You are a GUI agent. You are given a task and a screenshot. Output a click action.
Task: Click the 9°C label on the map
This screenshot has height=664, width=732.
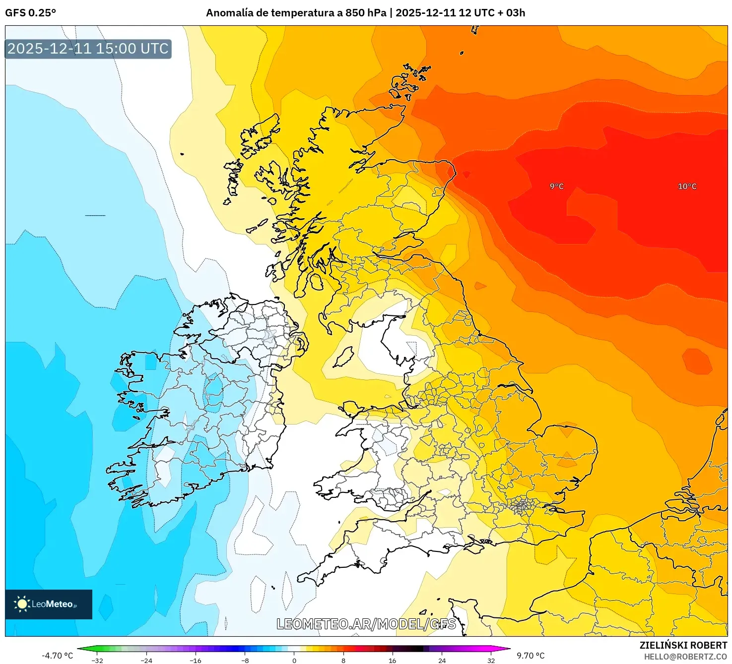pyautogui.click(x=556, y=186)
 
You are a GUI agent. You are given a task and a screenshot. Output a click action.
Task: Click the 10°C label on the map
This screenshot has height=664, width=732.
pyautogui.click(x=687, y=186)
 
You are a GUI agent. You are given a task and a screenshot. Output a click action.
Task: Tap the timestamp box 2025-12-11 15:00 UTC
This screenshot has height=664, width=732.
pyautogui.click(x=88, y=49)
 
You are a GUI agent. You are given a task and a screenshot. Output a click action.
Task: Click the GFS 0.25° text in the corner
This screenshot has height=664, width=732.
pyautogui.click(x=30, y=13)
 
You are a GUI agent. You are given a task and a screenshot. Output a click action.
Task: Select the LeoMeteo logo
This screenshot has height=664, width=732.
pyautogui.click(x=49, y=604)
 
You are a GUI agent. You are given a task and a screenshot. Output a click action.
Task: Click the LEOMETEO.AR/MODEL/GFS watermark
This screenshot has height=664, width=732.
pyautogui.click(x=366, y=624)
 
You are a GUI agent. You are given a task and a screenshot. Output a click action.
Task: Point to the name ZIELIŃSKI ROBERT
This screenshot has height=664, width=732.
pyautogui.click(x=683, y=645)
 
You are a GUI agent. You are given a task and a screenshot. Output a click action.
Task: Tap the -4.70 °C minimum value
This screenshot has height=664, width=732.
pyautogui.click(x=57, y=656)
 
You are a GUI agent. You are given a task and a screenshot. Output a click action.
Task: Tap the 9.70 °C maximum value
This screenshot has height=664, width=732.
pyautogui.click(x=531, y=656)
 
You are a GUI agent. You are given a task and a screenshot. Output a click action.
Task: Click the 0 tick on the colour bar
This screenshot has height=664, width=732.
pyautogui.click(x=294, y=660)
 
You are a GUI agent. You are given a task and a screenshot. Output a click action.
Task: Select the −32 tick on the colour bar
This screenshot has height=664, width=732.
pyautogui.click(x=97, y=660)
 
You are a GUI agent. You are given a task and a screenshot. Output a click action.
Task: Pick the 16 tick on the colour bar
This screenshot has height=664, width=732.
pyautogui.click(x=393, y=660)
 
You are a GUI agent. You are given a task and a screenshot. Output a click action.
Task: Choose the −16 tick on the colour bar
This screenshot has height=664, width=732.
pyautogui.click(x=196, y=660)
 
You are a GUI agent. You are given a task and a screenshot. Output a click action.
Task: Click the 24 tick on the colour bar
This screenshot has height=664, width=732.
pyautogui.click(x=442, y=660)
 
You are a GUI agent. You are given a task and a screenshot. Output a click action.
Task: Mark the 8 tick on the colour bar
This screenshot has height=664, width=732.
pyautogui.click(x=343, y=660)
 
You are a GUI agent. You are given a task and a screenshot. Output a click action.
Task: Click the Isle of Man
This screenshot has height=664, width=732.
pyautogui.click(x=343, y=357)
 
